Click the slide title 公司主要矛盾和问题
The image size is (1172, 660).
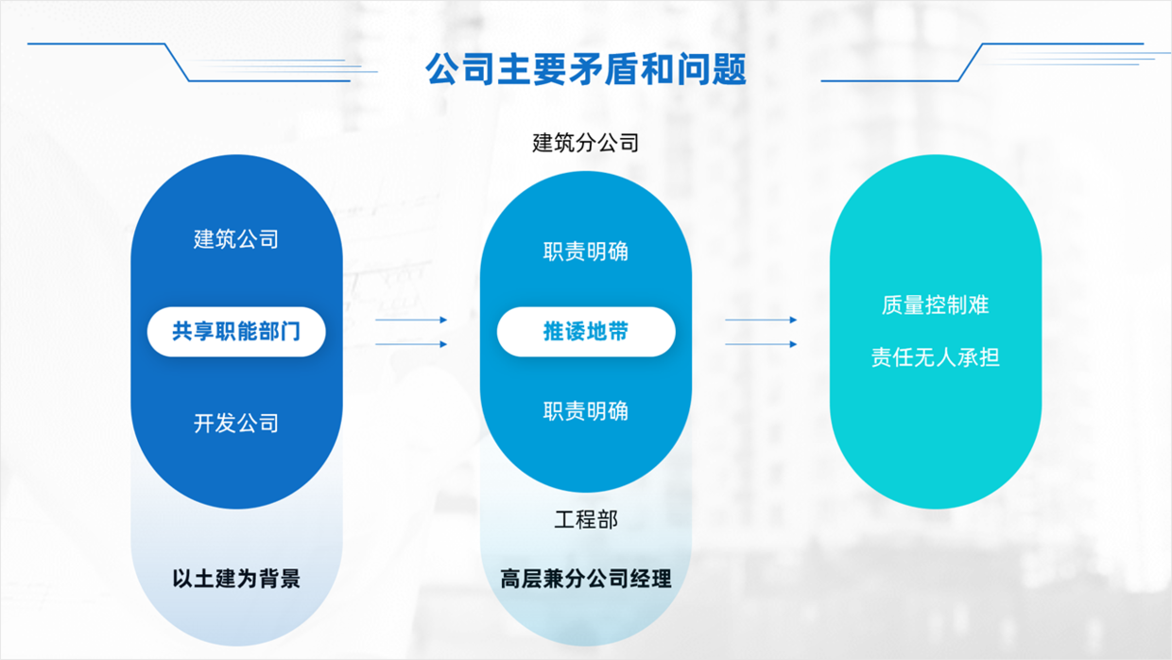pyautogui.click(x=586, y=70)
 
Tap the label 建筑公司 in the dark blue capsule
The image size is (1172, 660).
pyautogui.click(x=236, y=239)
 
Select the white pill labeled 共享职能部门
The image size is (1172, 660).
pyautogui.click(x=236, y=332)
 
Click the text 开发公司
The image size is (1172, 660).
pyautogui.click(x=236, y=423)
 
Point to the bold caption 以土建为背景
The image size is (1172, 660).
pyautogui.click(x=236, y=578)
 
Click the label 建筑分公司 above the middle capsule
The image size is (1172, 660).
pyautogui.click(x=586, y=143)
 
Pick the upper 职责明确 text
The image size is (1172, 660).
pyautogui.click(x=586, y=252)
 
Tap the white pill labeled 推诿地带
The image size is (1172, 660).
pyautogui.click(x=586, y=332)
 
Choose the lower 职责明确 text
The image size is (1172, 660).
pyautogui.click(x=586, y=411)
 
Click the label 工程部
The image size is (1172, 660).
pyautogui.click(x=586, y=519)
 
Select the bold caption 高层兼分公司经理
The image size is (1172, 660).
pyautogui.click(x=586, y=578)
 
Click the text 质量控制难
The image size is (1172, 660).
pyautogui.click(x=935, y=304)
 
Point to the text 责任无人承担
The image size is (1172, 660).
pyautogui.click(x=935, y=357)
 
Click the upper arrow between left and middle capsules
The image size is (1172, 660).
pyautogui.click(x=411, y=321)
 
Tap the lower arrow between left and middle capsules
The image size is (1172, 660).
pyautogui.click(x=411, y=344)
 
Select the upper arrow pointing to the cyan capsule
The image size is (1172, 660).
pyautogui.click(x=761, y=321)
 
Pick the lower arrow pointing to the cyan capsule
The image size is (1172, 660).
pyautogui.click(x=761, y=344)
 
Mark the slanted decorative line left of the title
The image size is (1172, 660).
pyautogui.click(x=177, y=62)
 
